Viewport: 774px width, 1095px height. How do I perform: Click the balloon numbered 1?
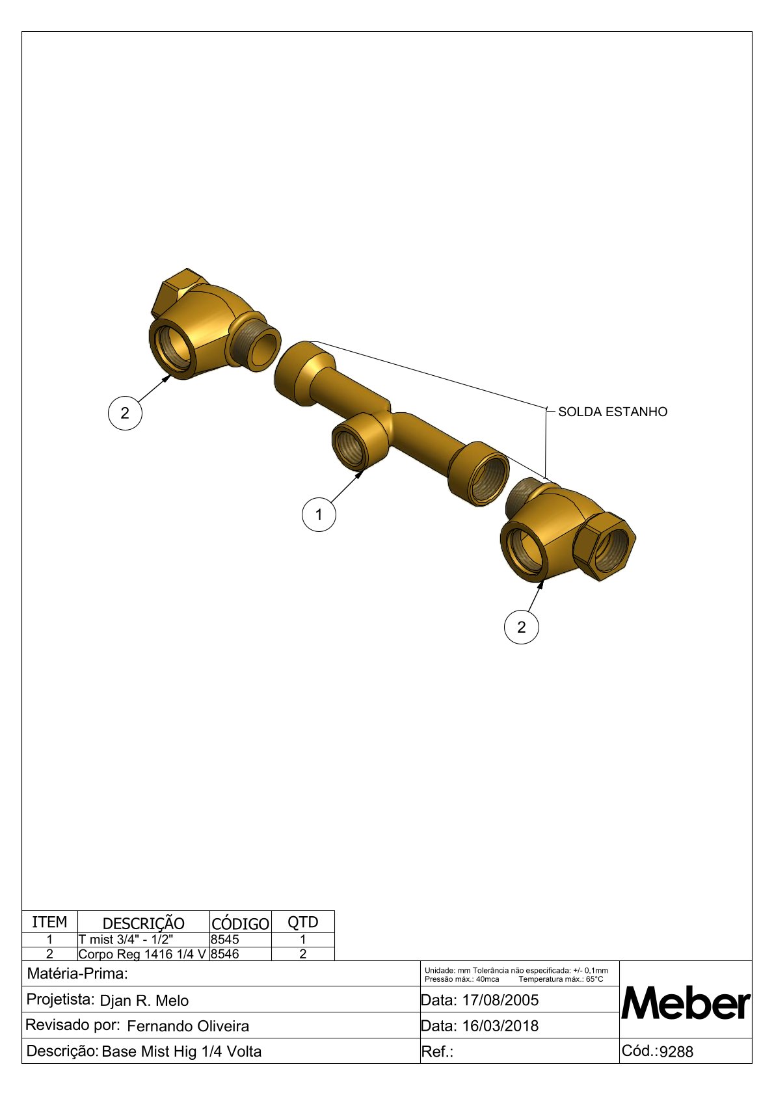point(319,514)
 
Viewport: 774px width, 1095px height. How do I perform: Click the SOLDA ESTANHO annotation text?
point(613,412)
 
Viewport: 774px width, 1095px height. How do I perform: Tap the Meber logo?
point(686,1003)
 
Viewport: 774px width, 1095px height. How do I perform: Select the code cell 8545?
point(225,939)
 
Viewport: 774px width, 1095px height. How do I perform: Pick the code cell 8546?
point(225,954)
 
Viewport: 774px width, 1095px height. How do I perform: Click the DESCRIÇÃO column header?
point(143,923)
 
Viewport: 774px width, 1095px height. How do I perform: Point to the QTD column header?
point(302,922)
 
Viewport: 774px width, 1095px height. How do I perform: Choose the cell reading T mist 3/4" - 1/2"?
point(126,939)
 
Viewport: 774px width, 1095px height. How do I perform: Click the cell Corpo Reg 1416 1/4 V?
point(142,954)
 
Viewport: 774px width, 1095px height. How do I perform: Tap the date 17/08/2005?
point(500,1000)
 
